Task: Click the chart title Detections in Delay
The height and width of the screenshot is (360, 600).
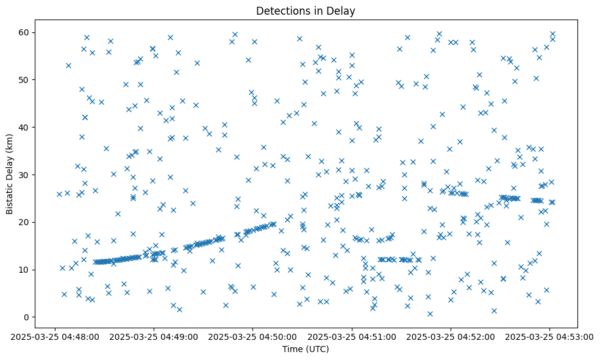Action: point(305,11)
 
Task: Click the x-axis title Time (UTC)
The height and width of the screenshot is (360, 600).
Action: point(305,349)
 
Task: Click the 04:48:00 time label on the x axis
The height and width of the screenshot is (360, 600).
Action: point(55,336)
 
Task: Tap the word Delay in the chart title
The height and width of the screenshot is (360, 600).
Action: point(342,11)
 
